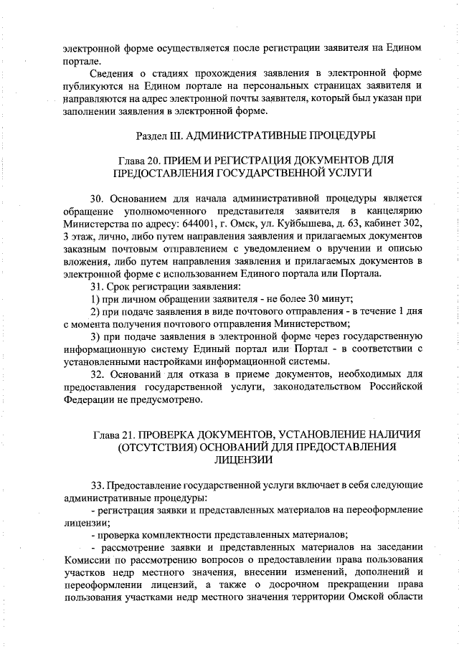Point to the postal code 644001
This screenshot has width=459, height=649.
tap(202, 223)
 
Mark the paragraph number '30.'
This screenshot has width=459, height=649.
tap(98, 197)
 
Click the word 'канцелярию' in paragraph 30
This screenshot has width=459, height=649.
tap(394, 210)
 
